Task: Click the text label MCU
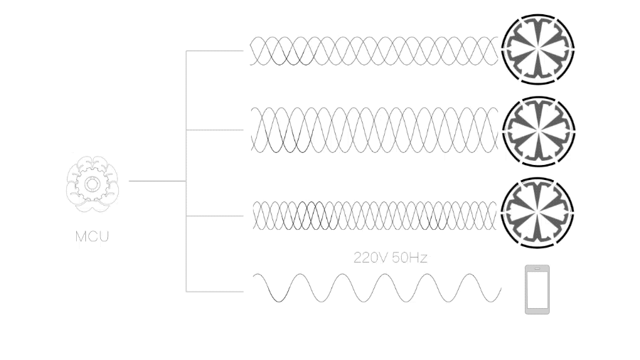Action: pos(92,237)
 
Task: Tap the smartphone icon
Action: pos(537,290)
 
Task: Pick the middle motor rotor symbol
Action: pos(538,129)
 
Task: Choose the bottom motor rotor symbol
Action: pos(538,212)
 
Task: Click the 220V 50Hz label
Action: pos(390,258)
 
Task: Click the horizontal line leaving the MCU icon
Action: pos(156,181)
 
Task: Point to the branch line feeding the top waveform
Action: pos(213,51)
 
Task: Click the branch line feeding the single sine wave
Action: pos(213,291)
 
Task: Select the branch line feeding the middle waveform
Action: pos(213,129)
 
